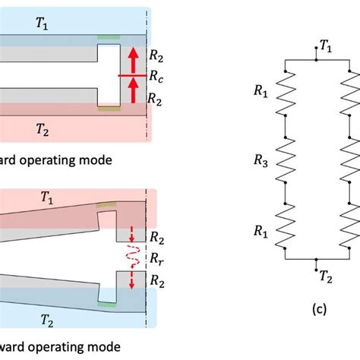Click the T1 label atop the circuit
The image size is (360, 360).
click(x=326, y=47)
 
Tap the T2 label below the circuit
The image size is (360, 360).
click(x=324, y=277)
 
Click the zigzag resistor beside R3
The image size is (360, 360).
click(x=285, y=161)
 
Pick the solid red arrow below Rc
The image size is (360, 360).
click(x=134, y=92)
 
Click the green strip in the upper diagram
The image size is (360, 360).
click(x=108, y=37)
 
